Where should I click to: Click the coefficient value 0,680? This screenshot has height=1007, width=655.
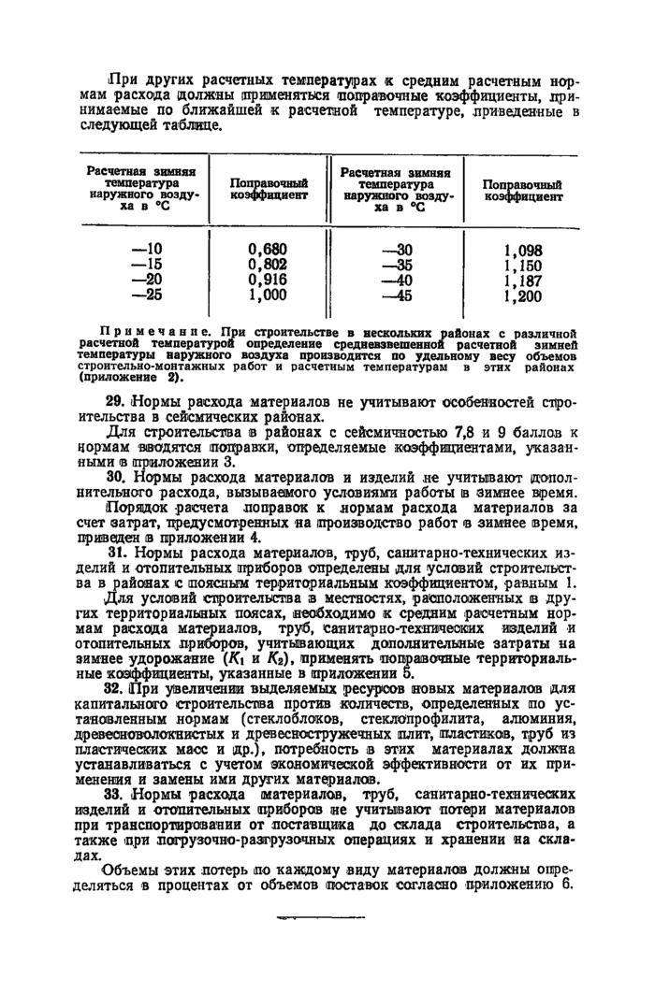point(268,250)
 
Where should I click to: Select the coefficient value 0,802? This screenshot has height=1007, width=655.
point(268,265)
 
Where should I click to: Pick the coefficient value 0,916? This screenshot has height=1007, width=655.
point(268,279)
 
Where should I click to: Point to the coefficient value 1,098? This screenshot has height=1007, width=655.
point(522,251)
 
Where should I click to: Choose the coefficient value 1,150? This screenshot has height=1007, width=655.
point(522,266)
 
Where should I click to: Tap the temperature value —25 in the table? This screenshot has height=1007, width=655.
point(147,294)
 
